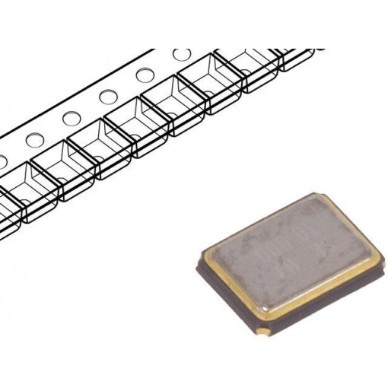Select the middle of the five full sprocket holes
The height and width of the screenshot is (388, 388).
pyautogui.click(x=108, y=97)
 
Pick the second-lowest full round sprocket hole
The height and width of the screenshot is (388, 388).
pyautogui.click(x=72, y=119)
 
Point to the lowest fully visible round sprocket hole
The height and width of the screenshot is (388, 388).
pyautogui.click(x=34, y=141)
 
